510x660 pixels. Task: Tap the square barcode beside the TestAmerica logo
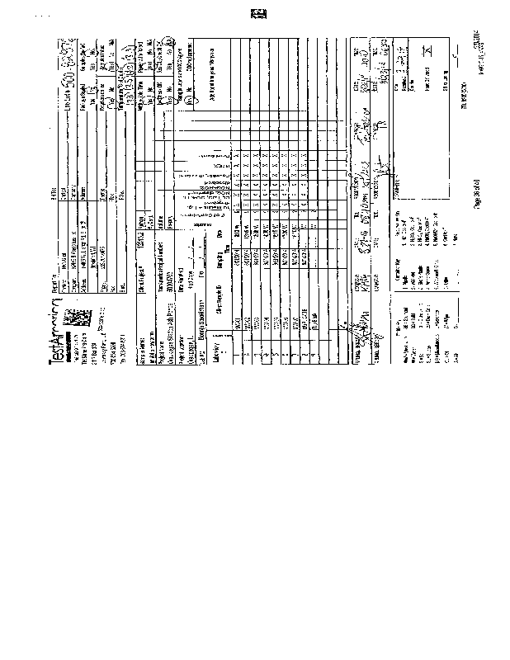[76, 315]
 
